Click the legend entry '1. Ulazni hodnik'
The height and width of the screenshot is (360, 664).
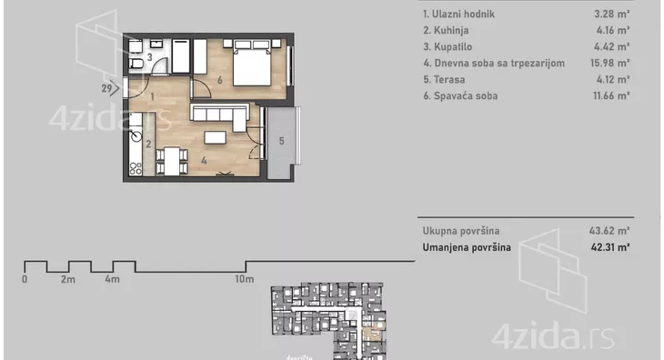[x=458, y=14]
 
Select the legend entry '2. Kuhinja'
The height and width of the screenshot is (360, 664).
[x=446, y=31]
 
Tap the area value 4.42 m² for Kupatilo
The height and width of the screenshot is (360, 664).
[x=613, y=46]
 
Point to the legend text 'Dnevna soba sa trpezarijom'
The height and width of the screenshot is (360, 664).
[x=499, y=63]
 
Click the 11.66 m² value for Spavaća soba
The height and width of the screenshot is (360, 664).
[x=611, y=95]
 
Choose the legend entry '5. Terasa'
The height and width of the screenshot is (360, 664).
[x=444, y=79]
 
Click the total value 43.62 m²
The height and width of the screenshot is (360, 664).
[x=609, y=231]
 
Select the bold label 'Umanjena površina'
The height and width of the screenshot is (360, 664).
[x=467, y=247]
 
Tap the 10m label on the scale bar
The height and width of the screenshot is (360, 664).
[x=245, y=279]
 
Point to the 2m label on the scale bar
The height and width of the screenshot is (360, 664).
[x=67, y=279]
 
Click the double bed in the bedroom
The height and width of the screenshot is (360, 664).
[x=252, y=63]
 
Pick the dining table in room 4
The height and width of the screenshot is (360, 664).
[x=172, y=161]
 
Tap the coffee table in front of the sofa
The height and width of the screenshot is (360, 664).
[x=216, y=137]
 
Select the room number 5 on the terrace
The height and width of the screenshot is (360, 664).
[x=282, y=141]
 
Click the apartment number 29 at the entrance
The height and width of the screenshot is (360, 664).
[x=106, y=88]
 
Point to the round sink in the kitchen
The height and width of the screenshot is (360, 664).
[x=136, y=135]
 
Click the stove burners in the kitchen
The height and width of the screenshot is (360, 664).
[x=136, y=168]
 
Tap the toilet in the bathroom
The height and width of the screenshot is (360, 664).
[x=136, y=64]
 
